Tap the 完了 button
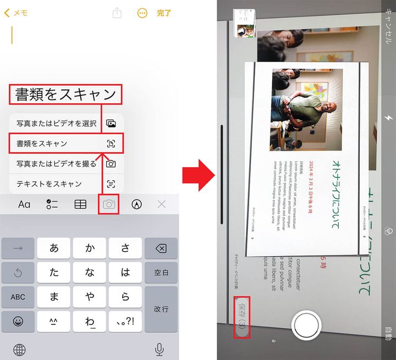(164, 13)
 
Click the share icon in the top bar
(117, 13)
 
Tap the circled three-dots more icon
(142, 13)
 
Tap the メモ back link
(16, 13)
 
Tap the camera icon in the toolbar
(109, 204)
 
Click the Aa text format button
(24, 204)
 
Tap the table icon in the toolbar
(80, 204)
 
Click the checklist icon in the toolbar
(52, 204)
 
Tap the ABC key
(18, 297)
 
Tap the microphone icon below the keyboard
(159, 348)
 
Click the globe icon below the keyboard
(20, 349)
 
